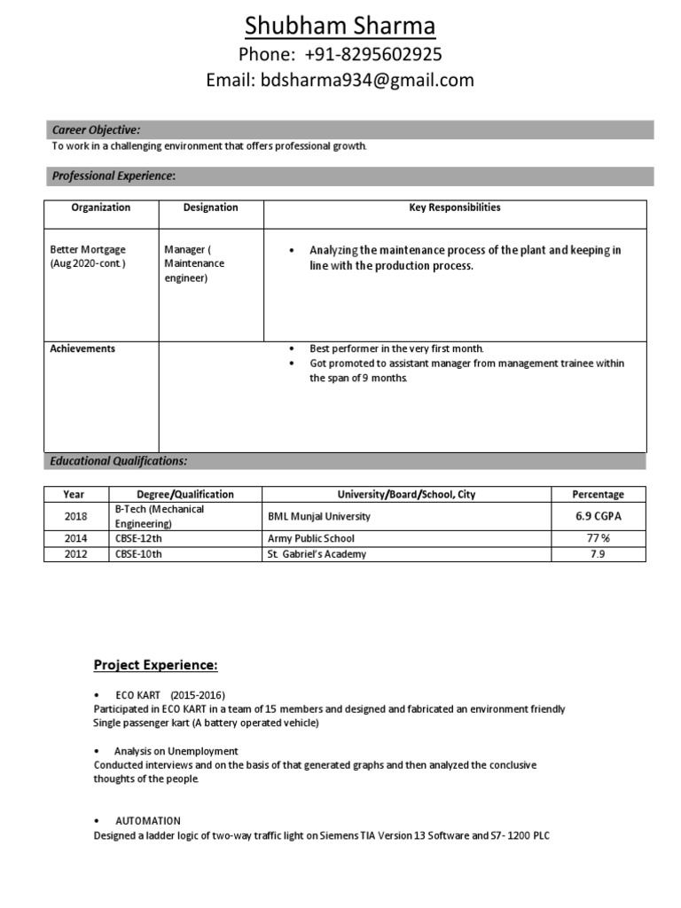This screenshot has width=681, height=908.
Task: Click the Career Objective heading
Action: click(96, 130)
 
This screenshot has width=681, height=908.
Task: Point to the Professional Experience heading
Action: click(113, 176)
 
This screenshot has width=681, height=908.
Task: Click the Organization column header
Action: click(101, 207)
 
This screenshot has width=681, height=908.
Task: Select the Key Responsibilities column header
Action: click(454, 207)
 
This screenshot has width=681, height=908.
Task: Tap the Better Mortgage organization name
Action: click(89, 250)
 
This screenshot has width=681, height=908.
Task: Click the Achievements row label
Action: click(82, 348)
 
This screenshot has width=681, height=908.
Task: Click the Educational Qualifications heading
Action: click(119, 461)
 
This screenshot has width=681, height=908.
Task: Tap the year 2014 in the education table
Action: click(76, 538)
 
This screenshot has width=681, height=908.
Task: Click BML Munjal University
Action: click(319, 516)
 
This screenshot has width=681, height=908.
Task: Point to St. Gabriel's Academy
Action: click(317, 554)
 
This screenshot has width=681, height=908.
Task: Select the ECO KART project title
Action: click(137, 696)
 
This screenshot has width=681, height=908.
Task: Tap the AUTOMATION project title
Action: click(148, 821)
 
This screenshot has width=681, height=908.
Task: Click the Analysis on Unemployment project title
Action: click(176, 751)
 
